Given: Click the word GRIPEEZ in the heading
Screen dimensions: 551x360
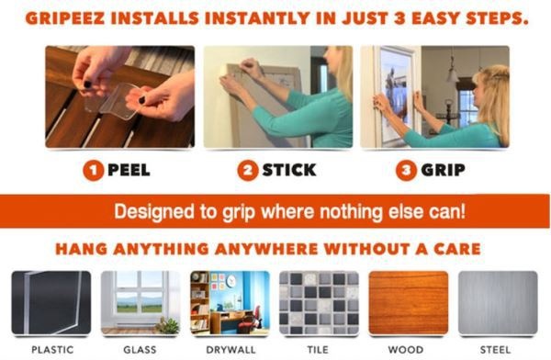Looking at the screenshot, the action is pyautogui.click(x=65, y=18).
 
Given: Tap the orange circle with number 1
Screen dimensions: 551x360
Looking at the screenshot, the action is pyautogui.click(x=93, y=171).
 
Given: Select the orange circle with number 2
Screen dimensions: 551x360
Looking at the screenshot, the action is pyautogui.click(x=248, y=171).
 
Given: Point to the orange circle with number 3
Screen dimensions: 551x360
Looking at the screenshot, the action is pyautogui.click(x=406, y=171).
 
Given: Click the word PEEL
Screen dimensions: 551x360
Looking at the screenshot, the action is pyautogui.click(x=129, y=170).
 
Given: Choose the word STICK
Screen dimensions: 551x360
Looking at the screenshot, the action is pyautogui.click(x=289, y=170).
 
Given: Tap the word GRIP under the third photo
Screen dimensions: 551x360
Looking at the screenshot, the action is pyautogui.click(x=444, y=170).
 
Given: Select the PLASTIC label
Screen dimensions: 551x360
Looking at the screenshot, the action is pyautogui.click(x=52, y=350).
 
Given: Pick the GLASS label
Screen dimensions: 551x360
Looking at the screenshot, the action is pyautogui.click(x=140, y=350).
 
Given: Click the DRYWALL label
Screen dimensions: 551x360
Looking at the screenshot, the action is pyautogui.click(x=231, y=350).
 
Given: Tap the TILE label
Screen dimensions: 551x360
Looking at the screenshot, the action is pyautogui.click(x=318, y=350).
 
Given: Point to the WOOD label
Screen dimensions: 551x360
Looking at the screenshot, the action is pyautogui.click(x=406, y=350).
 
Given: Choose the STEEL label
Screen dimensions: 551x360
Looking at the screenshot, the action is pyautogui.click(x=496, y=350).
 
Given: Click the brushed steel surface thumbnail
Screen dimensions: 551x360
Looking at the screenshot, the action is pyautogui.click(x=498, y=303).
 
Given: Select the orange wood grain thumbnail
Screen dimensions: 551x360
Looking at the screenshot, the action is pyautogui.click(x=409, y=303).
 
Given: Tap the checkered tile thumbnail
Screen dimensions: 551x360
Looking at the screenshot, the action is pyautogui.click(x=319, y=303).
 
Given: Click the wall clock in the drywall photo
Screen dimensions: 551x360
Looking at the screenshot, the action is pyautogui.click(x=231, y=281).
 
